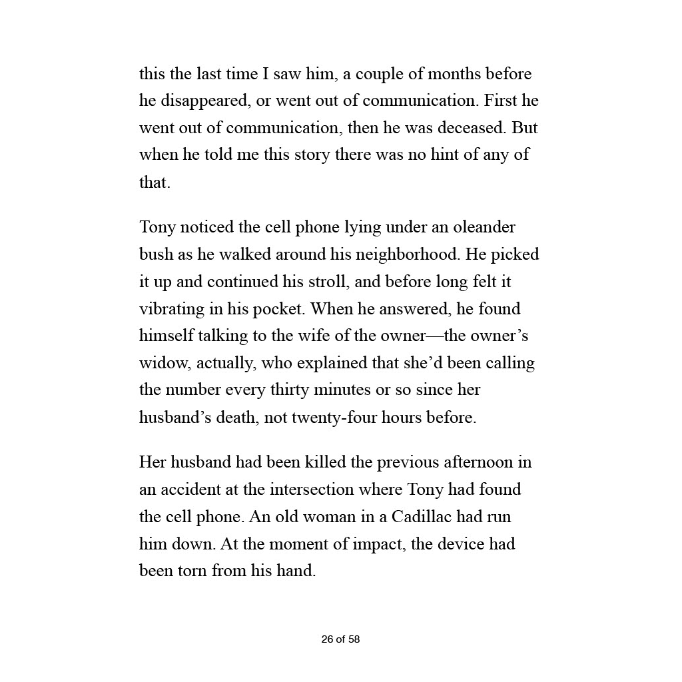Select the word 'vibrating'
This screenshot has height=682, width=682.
[171, 310]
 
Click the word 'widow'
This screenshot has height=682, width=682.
[162, 364]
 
